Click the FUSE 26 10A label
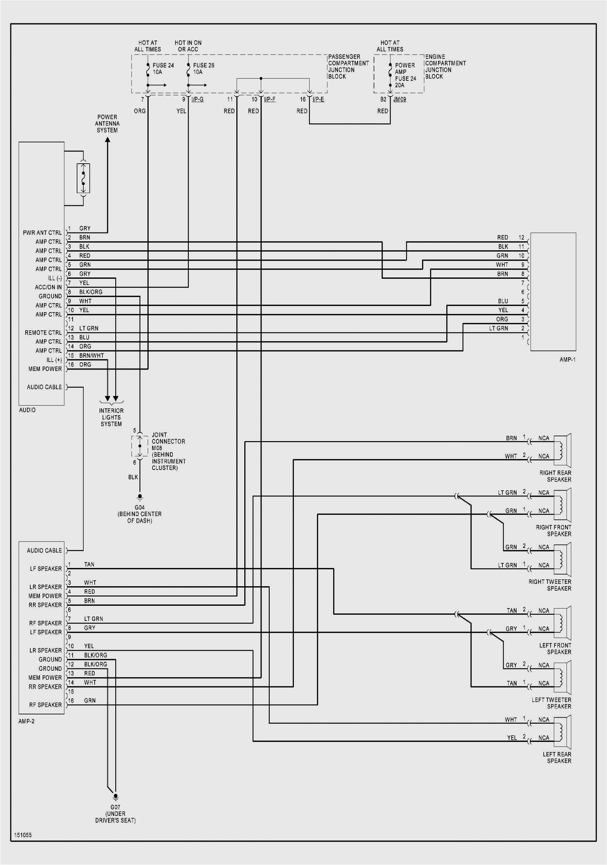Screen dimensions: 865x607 [203, 68]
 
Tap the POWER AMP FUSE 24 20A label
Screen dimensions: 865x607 [405, 75]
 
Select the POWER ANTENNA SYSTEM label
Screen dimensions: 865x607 [107, 123]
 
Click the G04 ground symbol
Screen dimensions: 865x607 [139, 496]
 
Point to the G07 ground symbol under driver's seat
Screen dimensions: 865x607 [115, 797]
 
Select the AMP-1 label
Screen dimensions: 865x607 [567, 359]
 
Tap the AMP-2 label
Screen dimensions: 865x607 [26, 721]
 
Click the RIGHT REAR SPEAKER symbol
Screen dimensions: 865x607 [563, 451]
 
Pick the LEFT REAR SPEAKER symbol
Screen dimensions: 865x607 [563, 732]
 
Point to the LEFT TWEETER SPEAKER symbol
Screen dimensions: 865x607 [563, 677]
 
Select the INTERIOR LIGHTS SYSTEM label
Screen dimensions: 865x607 [111, 417]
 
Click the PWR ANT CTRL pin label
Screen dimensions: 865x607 [42, 232]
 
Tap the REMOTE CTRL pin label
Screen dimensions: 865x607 [43, 332]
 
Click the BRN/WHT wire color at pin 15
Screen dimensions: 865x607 [91, 355]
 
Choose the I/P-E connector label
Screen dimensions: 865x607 [318, 99]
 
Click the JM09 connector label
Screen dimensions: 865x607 [400, 99]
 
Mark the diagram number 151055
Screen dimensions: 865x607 [23, 835]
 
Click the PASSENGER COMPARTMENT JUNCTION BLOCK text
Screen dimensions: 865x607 [348, 66]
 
